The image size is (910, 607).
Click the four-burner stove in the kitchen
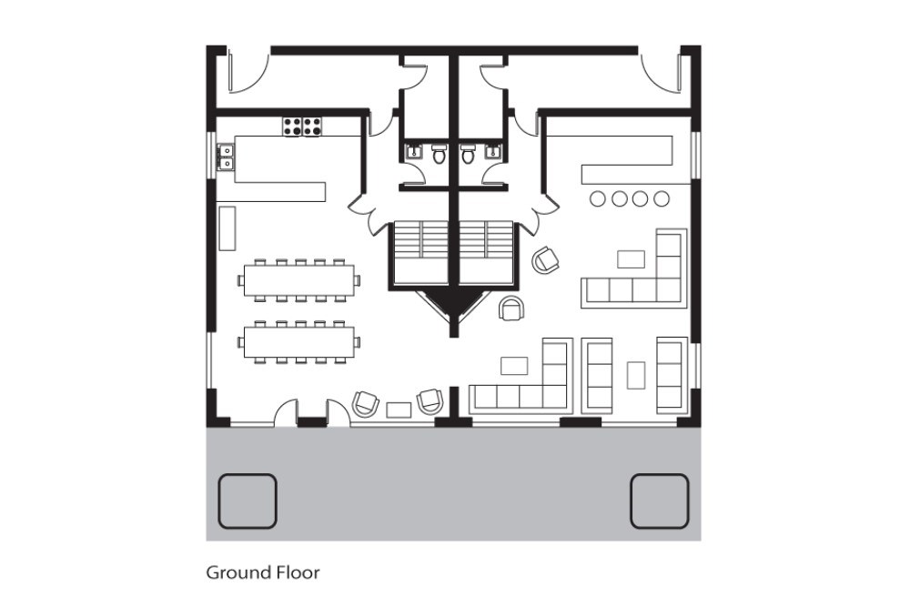302,127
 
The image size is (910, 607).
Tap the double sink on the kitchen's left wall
225,158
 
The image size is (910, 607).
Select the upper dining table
300,279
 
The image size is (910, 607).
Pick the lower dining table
300,341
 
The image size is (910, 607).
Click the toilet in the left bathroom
440,154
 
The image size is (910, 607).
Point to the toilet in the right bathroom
468,154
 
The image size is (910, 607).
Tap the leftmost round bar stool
600,198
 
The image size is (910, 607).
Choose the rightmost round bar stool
661,198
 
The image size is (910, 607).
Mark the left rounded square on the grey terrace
248,501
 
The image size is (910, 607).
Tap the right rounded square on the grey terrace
659,501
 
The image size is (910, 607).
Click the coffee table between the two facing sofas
636,374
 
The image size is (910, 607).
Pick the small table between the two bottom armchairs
399,410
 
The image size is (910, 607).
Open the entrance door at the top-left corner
248,73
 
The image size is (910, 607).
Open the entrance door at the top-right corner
661,73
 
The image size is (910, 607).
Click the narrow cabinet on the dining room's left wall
227,228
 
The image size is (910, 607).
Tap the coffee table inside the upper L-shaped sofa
631,259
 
